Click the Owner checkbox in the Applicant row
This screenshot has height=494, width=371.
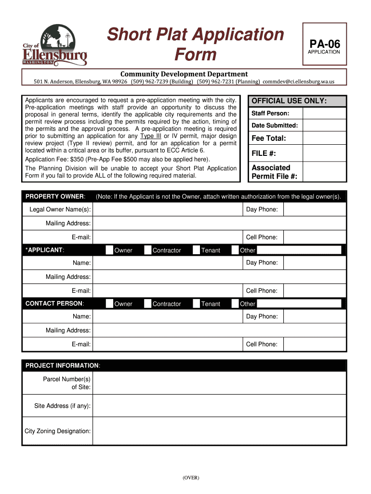[110, 250]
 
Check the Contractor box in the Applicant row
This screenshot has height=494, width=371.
[148, 250]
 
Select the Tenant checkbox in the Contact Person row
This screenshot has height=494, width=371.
[197, 303]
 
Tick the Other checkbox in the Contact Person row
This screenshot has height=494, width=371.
[235, 303]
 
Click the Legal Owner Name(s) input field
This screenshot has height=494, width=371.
[167, 209]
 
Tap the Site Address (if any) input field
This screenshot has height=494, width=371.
[219, 406]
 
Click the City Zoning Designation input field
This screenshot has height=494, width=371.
[219, 431]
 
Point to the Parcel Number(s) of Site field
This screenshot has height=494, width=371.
[219, 383]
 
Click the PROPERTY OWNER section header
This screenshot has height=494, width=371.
[55, 196]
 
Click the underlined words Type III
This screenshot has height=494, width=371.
[151, 136]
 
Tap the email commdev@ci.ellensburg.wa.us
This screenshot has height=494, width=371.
[298, 82]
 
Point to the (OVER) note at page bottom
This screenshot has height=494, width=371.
[191, 478]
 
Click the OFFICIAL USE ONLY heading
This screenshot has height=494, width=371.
[296, 101]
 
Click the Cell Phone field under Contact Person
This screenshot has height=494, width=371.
[315, 344]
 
